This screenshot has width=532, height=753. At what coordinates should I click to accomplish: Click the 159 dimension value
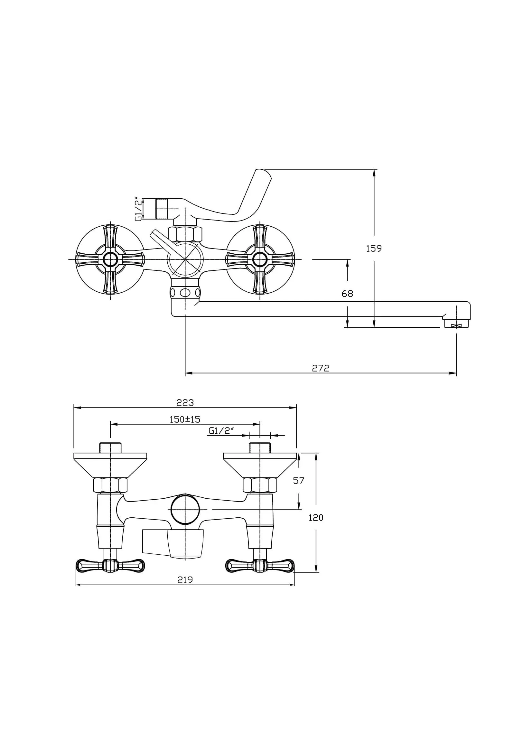click(374, 249)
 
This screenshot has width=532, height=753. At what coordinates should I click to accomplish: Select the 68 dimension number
click(347, 294)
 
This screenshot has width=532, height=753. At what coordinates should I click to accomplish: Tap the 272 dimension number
click(320, 368)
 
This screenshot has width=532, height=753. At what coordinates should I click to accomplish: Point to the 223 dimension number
click(185, 403)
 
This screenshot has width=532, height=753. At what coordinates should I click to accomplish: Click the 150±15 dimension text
click(184, 419)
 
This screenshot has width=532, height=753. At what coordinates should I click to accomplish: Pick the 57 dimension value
click(299, 481)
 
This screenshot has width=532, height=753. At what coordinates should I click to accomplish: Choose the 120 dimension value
click(316, 518)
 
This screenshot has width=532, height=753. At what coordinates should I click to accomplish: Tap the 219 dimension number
click(185, 580)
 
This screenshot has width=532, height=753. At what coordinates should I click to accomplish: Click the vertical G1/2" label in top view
click(139, 209)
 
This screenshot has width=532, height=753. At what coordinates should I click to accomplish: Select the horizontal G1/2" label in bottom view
click(221, 431)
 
